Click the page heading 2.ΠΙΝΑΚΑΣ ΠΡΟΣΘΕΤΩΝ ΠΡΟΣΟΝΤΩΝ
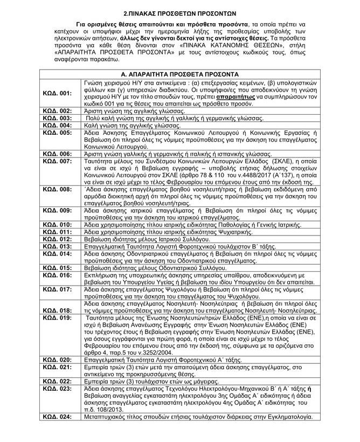click(x=179, y=12)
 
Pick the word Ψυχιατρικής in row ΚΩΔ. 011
click(x=244, y=231)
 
